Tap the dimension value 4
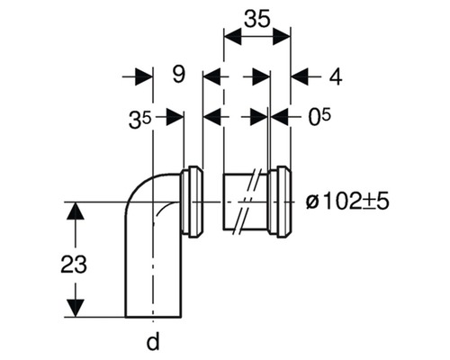[335, 77]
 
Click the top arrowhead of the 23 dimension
[78, 211]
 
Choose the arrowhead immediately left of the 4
[299, 77]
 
